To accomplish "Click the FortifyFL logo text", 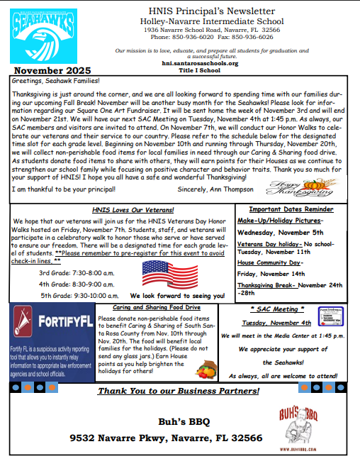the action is pos(67,322).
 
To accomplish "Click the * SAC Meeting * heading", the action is pos(278,310).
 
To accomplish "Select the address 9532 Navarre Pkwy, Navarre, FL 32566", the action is pos(166,438).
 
